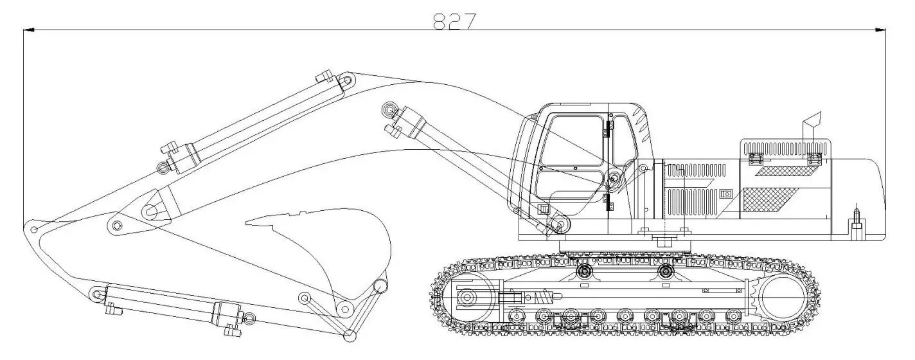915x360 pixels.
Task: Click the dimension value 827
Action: point(454,21)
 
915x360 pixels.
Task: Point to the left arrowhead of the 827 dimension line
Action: point(27,30)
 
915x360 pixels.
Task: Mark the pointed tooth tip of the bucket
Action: point(248,222)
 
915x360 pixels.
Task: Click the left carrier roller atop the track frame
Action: point(583,271)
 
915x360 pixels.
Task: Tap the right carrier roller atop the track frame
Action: point(666,271)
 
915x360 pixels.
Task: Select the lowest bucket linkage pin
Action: point(350,334)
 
